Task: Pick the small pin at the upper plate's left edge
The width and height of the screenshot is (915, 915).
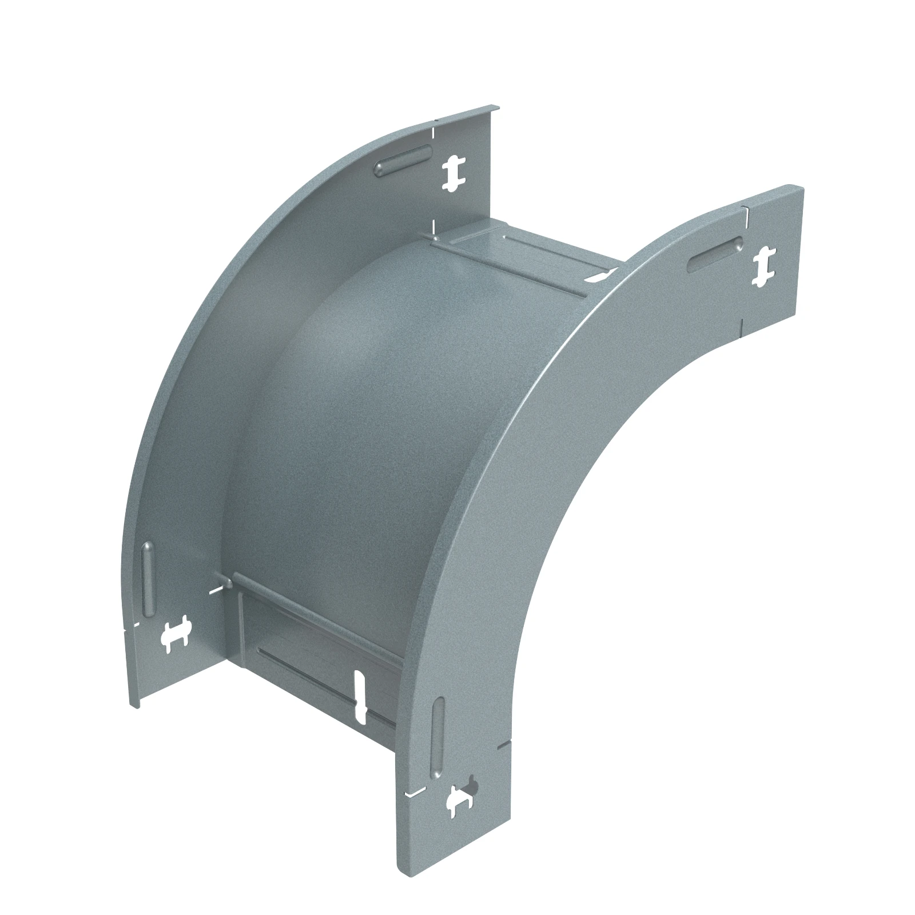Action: [x=436, y=236]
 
